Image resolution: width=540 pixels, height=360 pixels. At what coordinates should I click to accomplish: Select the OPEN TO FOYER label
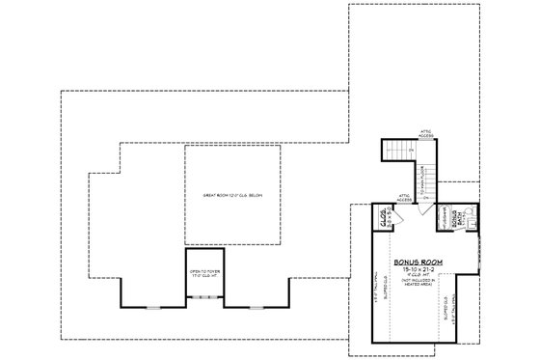205,273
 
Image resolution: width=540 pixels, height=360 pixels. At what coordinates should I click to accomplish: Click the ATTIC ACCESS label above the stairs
421,132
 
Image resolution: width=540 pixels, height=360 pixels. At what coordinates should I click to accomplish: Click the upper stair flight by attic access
397,151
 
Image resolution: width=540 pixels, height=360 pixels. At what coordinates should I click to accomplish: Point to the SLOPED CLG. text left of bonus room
385,290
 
